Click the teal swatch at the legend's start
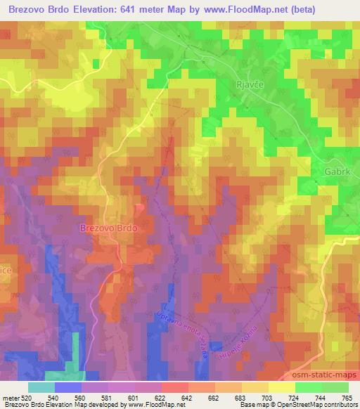41,387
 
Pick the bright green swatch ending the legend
335,387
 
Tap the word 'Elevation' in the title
96,10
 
